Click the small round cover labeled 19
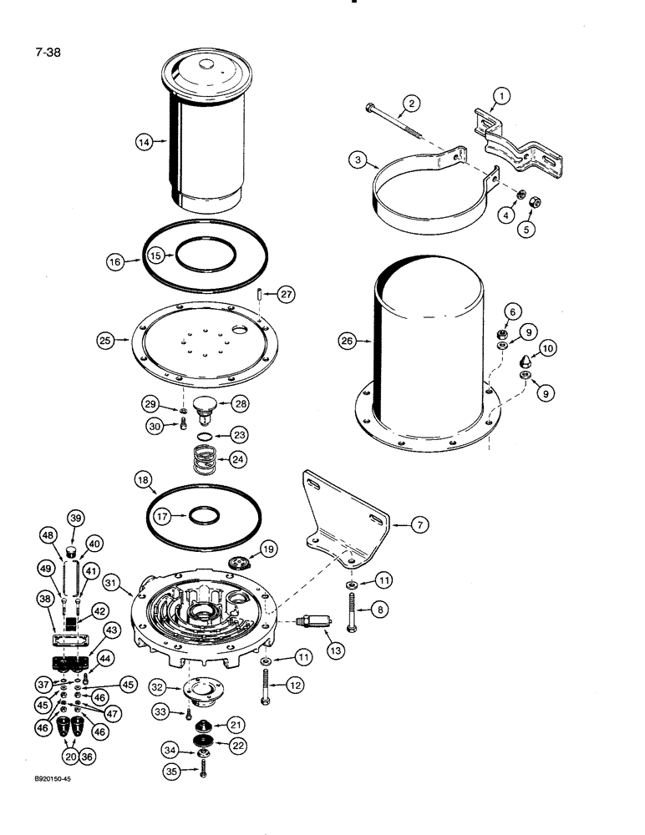point(240,562)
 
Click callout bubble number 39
point(74,518)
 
